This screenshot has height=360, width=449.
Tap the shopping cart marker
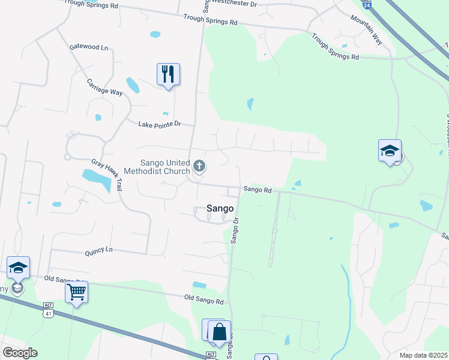[76, 292]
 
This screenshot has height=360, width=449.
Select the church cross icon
[199, 166]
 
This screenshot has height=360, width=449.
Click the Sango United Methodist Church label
[157, 167]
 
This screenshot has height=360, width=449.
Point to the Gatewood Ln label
[89, 47]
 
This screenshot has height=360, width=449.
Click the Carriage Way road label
[104, 87]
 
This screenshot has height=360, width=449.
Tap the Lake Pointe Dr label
[159, 124]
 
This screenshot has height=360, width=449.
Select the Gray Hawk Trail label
[107, 175]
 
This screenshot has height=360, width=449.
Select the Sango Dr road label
[235, 230]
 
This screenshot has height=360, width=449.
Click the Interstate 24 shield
[367, 4]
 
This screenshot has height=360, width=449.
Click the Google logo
[20, 353]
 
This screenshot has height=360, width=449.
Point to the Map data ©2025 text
[423, 355]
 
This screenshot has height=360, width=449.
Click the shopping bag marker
[220, 331]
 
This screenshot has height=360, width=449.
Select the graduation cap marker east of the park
[390, 151]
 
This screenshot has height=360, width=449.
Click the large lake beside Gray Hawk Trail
[96, 179]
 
